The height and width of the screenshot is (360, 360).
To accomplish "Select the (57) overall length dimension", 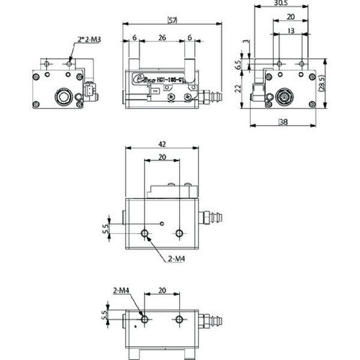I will pos(172,21).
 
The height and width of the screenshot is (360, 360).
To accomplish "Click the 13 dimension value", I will pos(290,31).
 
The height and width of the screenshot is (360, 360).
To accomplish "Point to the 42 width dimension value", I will pos(161,144).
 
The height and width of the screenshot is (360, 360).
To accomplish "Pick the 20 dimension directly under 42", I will pos(162,157).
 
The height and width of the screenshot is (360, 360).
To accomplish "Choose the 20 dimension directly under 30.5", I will pos(290,17).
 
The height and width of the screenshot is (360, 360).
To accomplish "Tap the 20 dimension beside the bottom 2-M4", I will pos(161,290).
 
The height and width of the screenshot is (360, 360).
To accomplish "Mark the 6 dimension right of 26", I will pos(190,37).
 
